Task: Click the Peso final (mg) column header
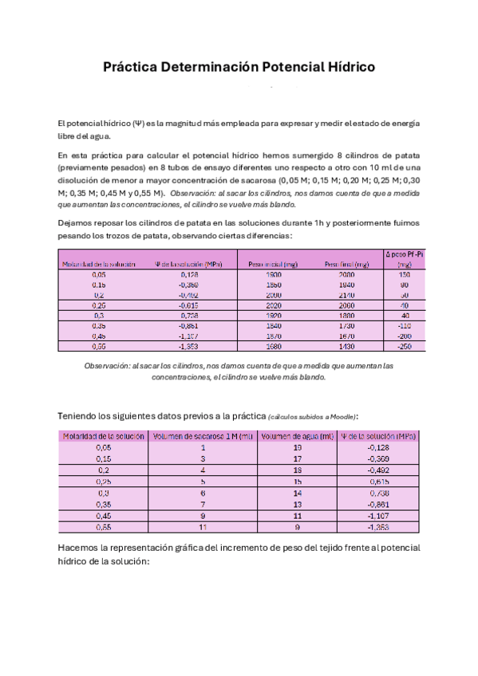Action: point(347,264)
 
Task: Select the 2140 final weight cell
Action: point(347,295)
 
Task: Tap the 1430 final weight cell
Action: point(347,347)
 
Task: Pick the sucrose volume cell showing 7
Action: point(203,504)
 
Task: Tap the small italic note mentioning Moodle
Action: point(313,417)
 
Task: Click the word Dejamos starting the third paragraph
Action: point(78,223)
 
